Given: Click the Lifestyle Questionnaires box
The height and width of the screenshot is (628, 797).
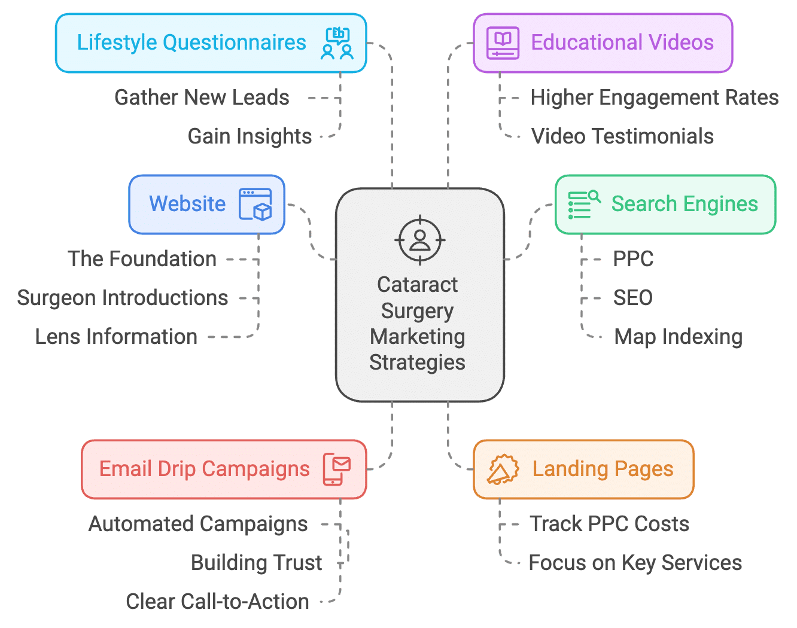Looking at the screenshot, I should [x=191, y=43].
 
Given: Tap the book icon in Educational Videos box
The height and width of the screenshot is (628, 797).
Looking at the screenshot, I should [x=503, y=43].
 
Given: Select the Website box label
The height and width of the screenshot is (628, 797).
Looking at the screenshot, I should [x=187, y=204].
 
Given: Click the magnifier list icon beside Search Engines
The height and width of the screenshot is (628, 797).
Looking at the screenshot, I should [x=583, y=205].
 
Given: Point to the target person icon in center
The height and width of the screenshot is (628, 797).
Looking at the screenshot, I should [x=420, y=240].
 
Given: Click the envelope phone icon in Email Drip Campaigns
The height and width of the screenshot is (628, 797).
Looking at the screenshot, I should [x=337, y=469].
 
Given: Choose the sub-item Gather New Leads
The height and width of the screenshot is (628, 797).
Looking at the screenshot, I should [x=202, y=97].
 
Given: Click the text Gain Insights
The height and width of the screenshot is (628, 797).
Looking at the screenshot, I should [x=250, y=136].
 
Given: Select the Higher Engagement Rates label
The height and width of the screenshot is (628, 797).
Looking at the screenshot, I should [x=655, y=97].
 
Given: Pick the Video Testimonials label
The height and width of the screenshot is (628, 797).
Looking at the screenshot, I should [x=622, y=136].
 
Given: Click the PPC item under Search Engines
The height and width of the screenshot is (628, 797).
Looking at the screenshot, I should [x=633, y=259].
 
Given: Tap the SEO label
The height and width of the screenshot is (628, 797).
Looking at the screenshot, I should [x=632, y=298].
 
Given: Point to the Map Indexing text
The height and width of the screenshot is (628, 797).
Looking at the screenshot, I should [x=678, y=337].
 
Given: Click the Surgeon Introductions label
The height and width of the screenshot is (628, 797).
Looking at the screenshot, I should [x=123, y=298].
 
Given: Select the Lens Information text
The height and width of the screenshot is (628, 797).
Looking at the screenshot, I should [x=116, y=337].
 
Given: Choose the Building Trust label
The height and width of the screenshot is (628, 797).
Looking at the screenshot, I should [x=256, y=563].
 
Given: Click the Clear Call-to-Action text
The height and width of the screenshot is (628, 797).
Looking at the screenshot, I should [x=217, y=602].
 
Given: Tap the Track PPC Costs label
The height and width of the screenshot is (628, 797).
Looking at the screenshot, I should [x=609, y=524].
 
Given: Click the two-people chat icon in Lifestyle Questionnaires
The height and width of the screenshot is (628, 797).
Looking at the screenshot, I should [x=337, y=43].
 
